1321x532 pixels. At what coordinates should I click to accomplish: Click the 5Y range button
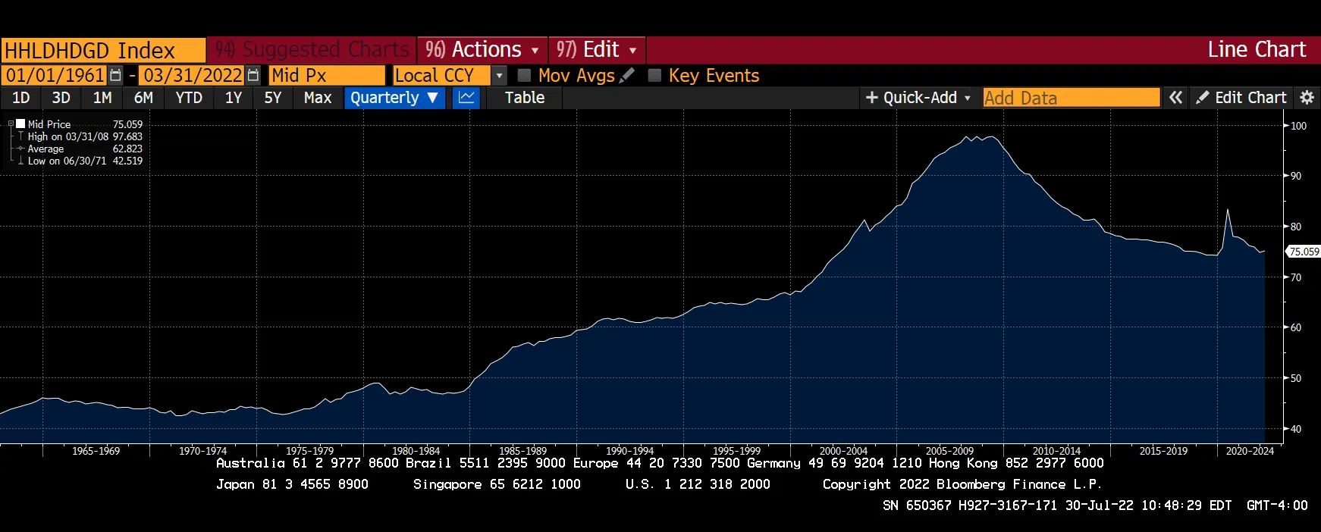(272, 98)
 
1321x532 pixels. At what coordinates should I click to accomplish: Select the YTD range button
(189, 98)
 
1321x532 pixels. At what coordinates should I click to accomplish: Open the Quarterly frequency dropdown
(394, 98)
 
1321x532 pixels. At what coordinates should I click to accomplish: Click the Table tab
(525, 98)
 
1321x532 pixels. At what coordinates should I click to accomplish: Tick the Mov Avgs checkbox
(524, 75)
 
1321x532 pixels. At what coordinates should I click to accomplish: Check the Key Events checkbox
(654, 75)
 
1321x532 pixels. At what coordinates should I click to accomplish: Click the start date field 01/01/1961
(55, 75)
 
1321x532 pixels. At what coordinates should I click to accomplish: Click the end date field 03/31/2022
(193, 75)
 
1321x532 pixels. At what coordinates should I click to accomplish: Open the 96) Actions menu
(482, 50)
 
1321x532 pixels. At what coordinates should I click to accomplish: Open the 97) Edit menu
(596, 50)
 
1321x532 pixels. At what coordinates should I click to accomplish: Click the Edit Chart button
(1241, 98)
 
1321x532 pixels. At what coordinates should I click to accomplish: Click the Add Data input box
(1071, 98)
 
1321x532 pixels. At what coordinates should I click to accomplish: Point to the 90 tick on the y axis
(1296, 176)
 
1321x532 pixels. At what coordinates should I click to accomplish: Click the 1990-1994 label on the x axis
(629, 451)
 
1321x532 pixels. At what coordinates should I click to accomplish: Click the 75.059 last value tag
(1304, 252)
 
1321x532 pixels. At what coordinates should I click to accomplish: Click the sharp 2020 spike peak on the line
(1228, 210)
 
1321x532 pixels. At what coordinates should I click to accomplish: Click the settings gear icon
(1307, 98)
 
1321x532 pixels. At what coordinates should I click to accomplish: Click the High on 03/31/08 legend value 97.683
(127, 136)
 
